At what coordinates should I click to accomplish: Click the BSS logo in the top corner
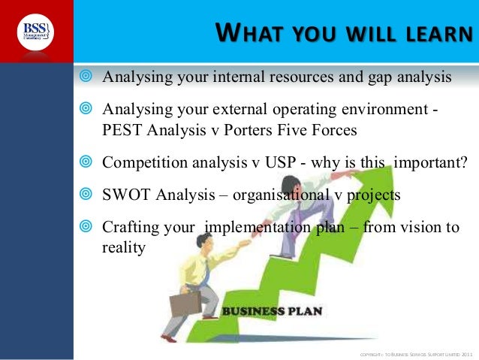click(36, 32)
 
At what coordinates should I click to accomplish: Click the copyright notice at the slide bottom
click(416, 353)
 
